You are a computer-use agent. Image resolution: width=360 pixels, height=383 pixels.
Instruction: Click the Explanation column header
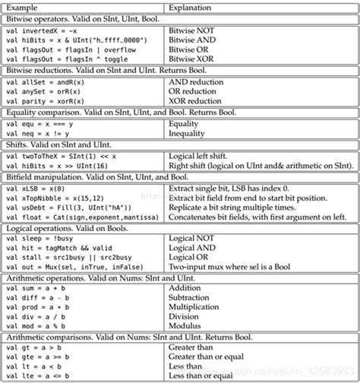pos(191,7)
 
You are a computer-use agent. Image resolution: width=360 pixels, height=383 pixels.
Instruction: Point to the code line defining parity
pos(49,101)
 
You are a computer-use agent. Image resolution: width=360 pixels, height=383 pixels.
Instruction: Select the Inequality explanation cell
pos(187,131)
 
